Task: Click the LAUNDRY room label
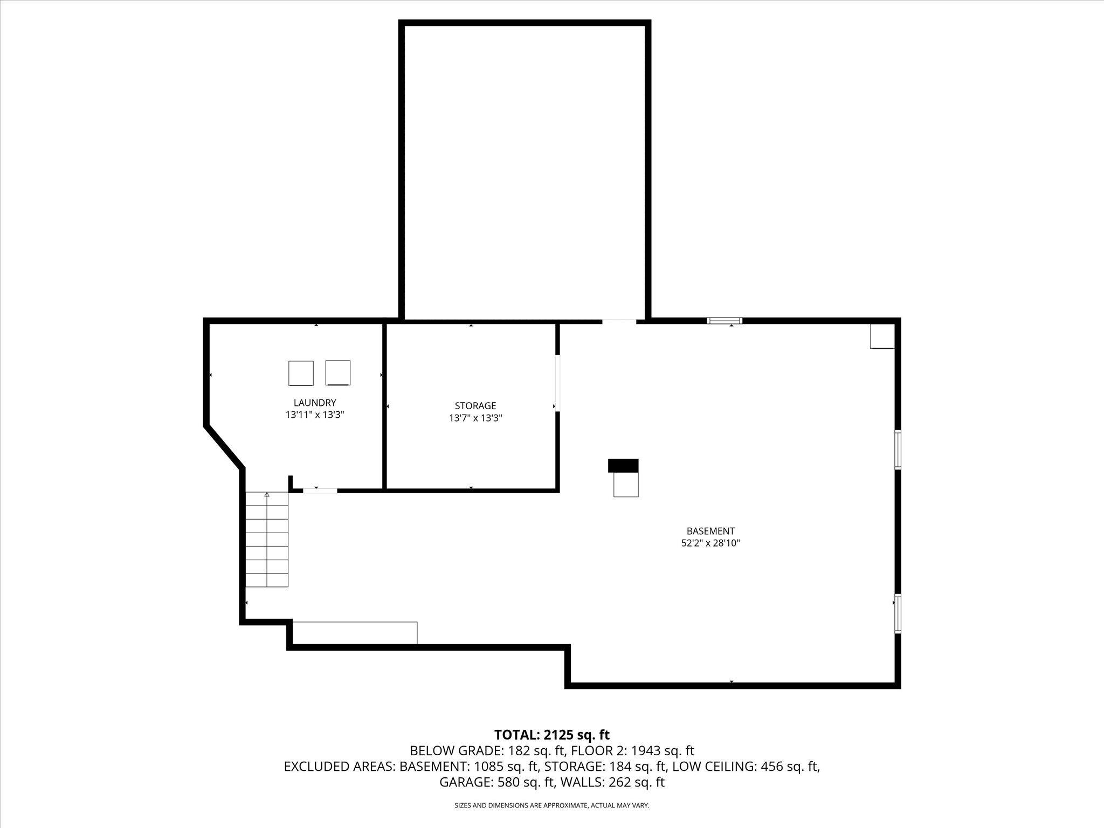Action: coord(315,403)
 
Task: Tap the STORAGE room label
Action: coord(475,406)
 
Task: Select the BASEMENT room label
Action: coord(710,531)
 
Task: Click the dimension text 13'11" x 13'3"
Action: coord(315,415)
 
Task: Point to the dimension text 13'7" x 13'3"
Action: coord(475,418)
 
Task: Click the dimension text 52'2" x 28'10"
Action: coord(710,543)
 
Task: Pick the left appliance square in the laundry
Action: coord(301,373)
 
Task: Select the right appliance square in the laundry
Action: coord(338,372)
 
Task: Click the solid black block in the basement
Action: coord(623,465)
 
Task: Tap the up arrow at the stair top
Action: coord(267,494)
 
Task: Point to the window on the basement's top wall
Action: coord(724,321)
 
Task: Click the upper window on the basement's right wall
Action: coord(898,448)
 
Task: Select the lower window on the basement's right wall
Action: coord(898,613)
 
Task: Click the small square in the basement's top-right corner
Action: coord(882,336)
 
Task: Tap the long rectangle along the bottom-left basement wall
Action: coord(355,633)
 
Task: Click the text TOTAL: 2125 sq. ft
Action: coord(551,735)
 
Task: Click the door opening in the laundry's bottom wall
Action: coord(320,491)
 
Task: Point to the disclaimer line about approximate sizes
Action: coord(551,805)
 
